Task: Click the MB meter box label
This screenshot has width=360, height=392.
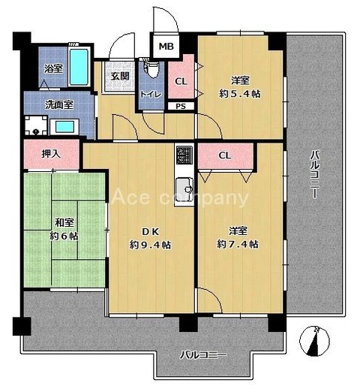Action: (166, 47)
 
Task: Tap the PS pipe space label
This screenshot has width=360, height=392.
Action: (181, 106)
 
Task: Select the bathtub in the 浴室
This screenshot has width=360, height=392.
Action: (79, 67)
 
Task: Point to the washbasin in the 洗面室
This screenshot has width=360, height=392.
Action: (64, 127)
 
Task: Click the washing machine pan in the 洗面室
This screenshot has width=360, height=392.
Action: (36, 125)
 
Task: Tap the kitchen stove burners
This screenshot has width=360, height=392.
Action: (184, 155)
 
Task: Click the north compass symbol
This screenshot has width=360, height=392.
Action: (314, 341)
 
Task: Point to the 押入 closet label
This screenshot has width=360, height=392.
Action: (51, 154)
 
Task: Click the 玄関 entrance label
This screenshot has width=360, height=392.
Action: (120, 76)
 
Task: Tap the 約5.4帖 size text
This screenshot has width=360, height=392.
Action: (240, 94)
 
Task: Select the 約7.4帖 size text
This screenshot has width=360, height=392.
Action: (238, 244)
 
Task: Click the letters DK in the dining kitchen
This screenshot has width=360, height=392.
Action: (150, 232)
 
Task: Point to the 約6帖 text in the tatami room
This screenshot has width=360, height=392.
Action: (64, 236)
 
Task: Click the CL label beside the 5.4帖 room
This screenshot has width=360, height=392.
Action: (181, 81)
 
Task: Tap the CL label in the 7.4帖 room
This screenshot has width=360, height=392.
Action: (225, 155)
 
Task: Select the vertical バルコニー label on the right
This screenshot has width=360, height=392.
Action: (315, 174)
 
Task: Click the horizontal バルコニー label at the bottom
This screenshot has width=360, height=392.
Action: (203, 355)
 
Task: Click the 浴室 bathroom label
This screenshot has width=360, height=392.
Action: (53, 68)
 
